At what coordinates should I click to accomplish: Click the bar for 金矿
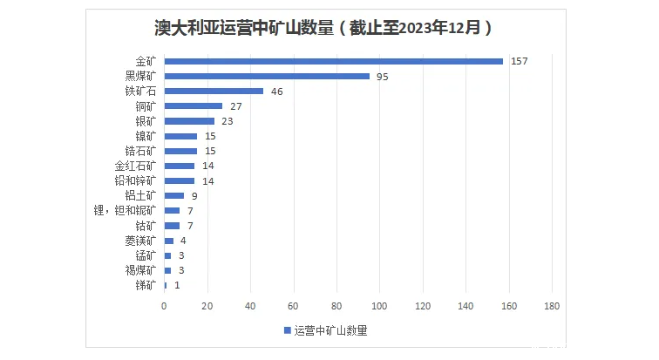333,61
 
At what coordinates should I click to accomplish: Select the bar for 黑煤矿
267,76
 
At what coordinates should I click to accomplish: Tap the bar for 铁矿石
214,91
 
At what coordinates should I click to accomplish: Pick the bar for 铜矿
194,106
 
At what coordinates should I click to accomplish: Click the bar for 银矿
189,121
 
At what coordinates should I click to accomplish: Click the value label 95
382,76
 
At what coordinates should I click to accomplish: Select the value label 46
276,91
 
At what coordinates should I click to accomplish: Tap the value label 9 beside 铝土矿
194,196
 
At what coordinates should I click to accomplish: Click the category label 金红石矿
135,166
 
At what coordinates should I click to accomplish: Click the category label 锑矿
146,285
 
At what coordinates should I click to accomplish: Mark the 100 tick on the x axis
379,306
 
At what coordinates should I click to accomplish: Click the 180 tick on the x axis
551,306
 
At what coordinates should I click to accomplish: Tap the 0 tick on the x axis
164,306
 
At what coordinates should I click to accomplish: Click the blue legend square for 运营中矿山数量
288,330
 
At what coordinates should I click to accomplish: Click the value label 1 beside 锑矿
177,285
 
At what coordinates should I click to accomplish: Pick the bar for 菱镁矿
169,241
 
